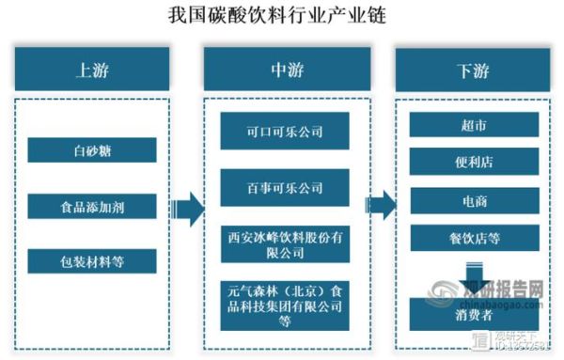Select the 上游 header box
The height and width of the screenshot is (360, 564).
click(x=92, y=70)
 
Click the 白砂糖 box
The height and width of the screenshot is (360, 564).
click(x=92, y=149)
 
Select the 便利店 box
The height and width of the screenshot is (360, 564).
click(x=474, y=162)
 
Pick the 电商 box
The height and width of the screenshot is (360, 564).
click(x=474, y=199)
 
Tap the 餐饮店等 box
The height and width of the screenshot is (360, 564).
click(x=474, y=236)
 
